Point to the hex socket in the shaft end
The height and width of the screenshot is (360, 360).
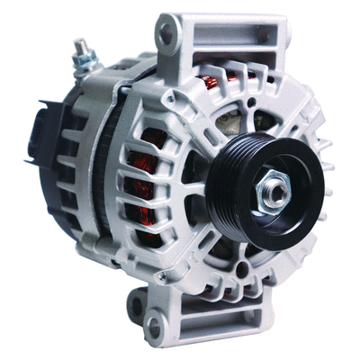coord(278,189)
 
